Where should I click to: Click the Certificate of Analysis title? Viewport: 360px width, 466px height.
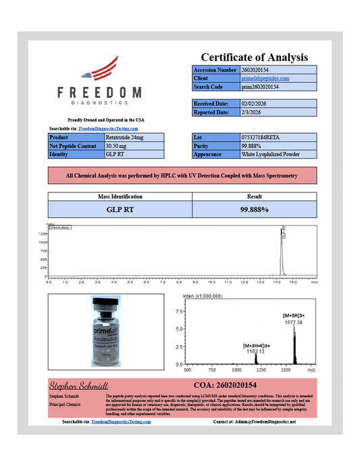254,57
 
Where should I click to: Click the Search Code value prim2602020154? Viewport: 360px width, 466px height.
260,87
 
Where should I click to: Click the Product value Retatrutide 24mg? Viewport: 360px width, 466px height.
124,137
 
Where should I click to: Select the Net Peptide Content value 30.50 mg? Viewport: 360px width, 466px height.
117,146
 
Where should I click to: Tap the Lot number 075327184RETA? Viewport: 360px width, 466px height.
261,137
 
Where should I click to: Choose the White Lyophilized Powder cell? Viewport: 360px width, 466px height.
270,155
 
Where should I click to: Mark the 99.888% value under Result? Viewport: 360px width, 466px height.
255,210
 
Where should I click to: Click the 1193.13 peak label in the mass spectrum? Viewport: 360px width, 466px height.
255,351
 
